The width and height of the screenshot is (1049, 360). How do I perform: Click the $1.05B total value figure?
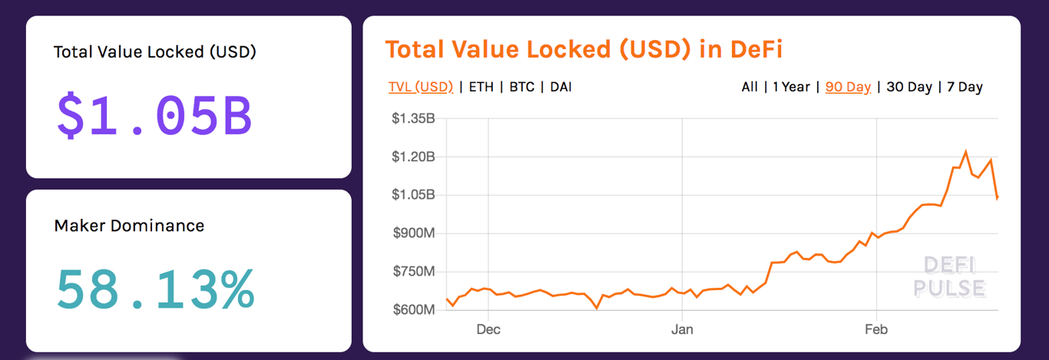point(154,116)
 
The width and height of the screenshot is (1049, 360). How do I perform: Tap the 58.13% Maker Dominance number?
point(154,289)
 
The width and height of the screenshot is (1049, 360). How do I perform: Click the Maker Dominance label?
point(129,226)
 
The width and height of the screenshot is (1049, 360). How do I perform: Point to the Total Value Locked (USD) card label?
point(154,52)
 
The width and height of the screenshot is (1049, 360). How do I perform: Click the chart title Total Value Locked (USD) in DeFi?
point(584,50)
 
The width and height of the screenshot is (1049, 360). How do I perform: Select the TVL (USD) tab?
point(421,87)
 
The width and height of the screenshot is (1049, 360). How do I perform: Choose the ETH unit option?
point(481,87)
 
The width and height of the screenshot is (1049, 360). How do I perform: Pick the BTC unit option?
point(521,87)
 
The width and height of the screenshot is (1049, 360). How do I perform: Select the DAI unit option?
point(561,87)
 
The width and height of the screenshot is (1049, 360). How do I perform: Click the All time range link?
point(750,87)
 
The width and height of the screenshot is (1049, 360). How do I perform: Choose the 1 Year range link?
point(791,87)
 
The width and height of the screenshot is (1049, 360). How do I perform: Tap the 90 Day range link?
point(848,87)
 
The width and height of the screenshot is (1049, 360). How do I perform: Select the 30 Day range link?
point(909,87)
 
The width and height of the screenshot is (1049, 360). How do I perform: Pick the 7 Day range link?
point(965,87)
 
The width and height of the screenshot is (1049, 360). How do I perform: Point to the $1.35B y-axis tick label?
point(413,118)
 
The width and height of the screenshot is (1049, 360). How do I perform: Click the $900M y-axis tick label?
point(413,233)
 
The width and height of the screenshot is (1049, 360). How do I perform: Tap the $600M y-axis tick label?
point(413,309)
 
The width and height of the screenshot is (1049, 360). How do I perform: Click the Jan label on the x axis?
point(682,330)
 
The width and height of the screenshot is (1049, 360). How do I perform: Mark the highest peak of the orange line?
point(965,152)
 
